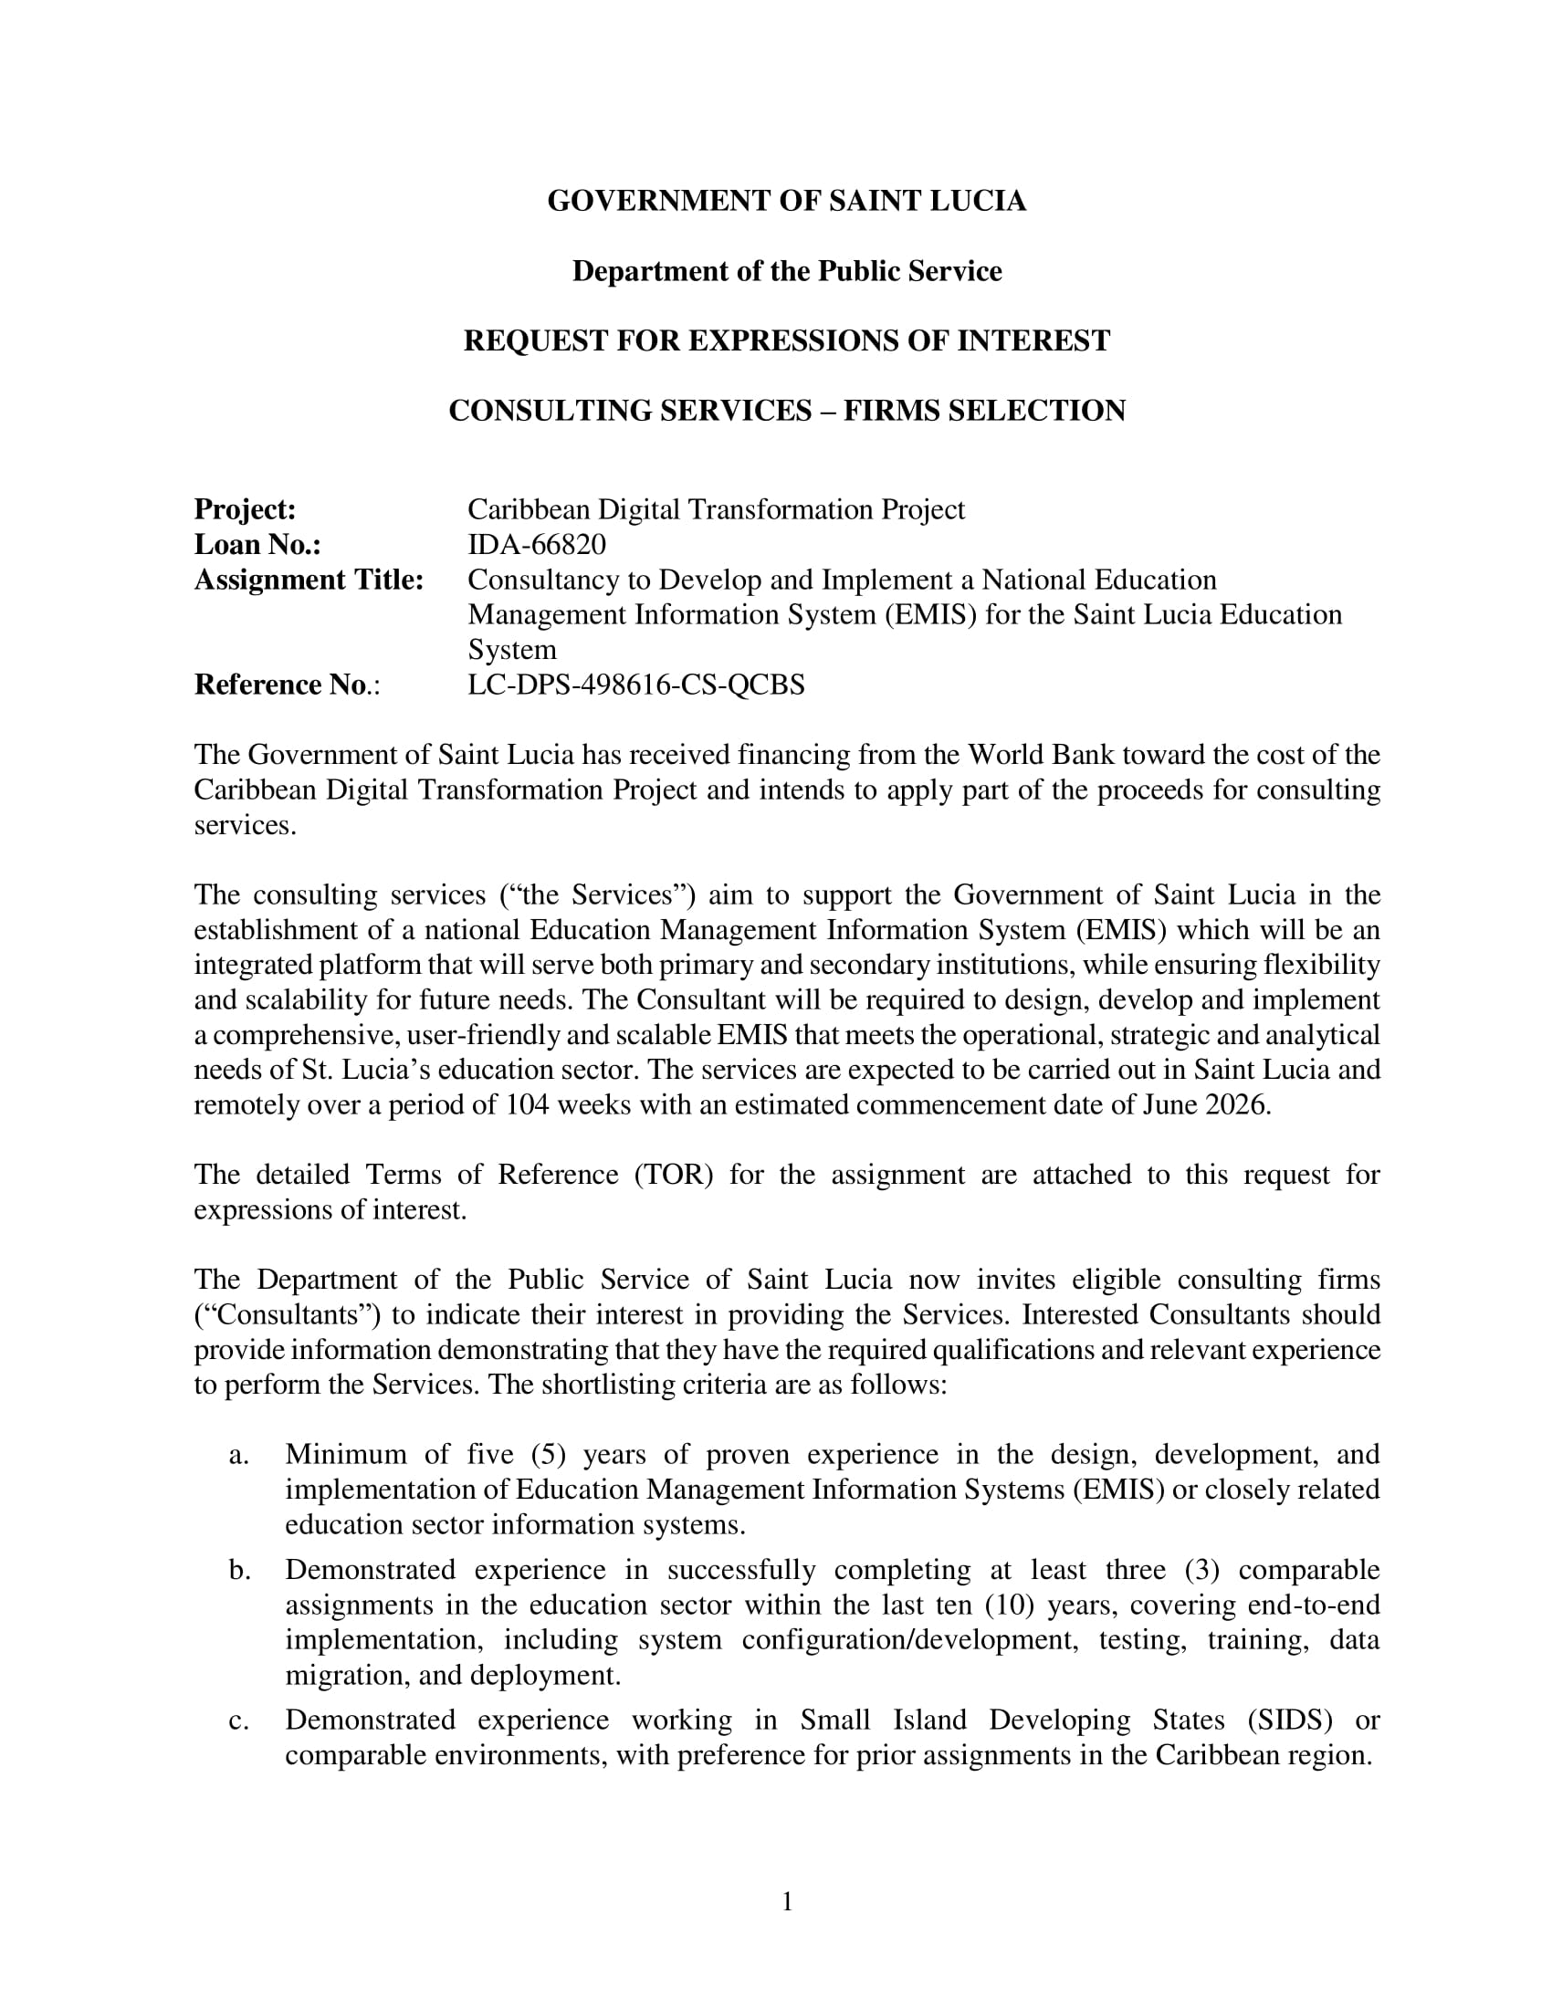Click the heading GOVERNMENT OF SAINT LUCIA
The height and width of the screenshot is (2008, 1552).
tap(786, 202)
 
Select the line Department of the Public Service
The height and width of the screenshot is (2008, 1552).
tap(786, 271)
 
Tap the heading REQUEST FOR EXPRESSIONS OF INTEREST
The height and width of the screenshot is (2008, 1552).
tap(786, 341)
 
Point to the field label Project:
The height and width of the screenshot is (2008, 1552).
tap(245, 509)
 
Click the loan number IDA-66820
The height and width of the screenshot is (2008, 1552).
tap(537, 545)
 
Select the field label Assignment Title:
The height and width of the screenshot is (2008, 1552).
tap(309, 580)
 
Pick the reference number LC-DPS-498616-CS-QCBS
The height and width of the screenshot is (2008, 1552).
tap(636, 685)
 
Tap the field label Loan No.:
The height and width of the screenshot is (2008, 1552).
tap(257, 545)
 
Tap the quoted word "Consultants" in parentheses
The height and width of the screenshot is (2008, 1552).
tap(287, 1315)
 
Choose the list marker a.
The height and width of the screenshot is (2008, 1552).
tap(239, 1456)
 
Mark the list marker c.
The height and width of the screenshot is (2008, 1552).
tap(239, 1720)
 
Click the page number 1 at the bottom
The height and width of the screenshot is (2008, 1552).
tap(787, 1902)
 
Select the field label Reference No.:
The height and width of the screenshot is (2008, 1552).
tap(287, 685)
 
